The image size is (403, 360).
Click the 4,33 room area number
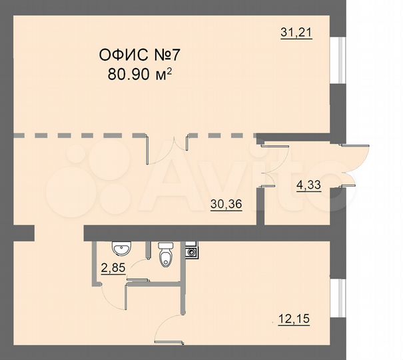[307, 187]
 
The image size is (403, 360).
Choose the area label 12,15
[294, 321]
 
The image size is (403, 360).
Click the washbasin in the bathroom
[122, 250]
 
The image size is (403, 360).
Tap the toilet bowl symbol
[166, 254]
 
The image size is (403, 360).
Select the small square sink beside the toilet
[191, 252]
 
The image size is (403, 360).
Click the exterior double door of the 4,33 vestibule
[357, 161]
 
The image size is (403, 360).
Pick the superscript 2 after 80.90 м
[170, 69]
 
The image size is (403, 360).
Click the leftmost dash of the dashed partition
[19, 136]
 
